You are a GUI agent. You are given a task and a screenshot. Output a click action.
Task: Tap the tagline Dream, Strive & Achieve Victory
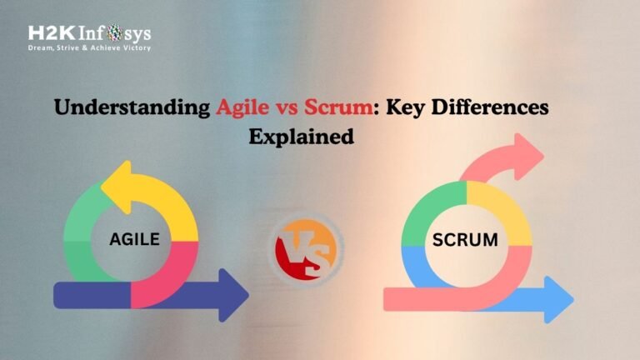pyautogui.click(x=89, y=48)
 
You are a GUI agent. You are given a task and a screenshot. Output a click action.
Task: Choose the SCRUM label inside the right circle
pyautogui.click(x=465, y=241)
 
